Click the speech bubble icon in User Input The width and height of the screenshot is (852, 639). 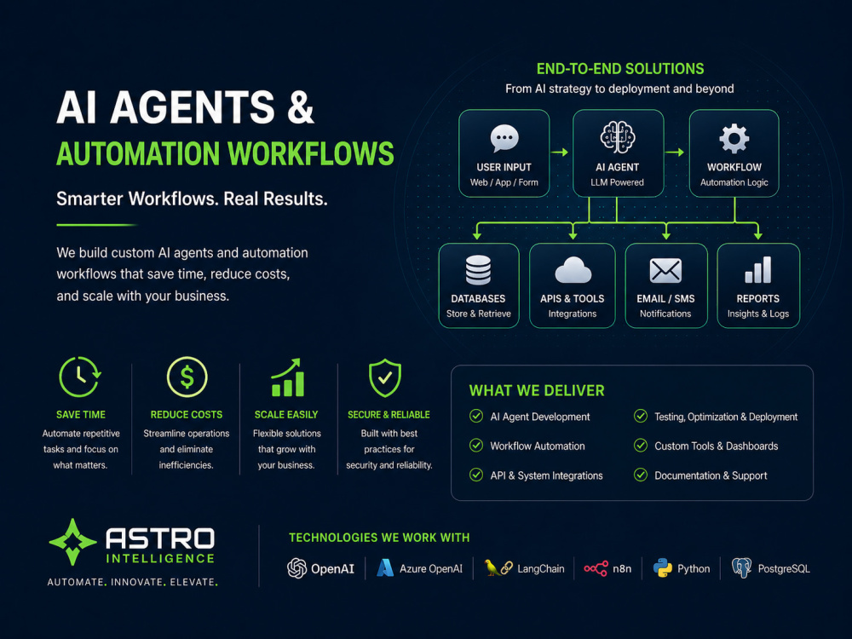point(504,138)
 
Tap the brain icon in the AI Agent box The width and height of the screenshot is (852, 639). point(617,136)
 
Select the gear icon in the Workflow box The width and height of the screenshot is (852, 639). point(734,139)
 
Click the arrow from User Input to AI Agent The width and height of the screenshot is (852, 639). point(560,153)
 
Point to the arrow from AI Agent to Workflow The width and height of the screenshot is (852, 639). point(675,153)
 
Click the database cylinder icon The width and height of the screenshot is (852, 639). point(478,270)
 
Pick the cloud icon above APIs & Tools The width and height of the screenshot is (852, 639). point(573,270)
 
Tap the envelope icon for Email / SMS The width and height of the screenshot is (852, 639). point(665,271)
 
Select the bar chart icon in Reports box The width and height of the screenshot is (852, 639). point(758,270)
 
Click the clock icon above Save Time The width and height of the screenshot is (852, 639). point(80,377)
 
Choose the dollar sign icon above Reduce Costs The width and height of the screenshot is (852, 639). point(187,377)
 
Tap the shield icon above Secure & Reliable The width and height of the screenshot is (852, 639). point(385,377)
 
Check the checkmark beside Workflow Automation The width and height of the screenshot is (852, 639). point(476,446)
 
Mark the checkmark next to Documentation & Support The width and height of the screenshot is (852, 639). point(641,475)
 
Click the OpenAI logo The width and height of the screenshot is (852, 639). point(296,568)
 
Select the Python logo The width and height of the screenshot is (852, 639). point(662,568)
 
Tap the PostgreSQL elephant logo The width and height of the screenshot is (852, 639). point(742,568)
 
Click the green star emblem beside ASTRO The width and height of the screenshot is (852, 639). point(72,542)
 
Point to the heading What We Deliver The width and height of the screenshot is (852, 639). point(537,391)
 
